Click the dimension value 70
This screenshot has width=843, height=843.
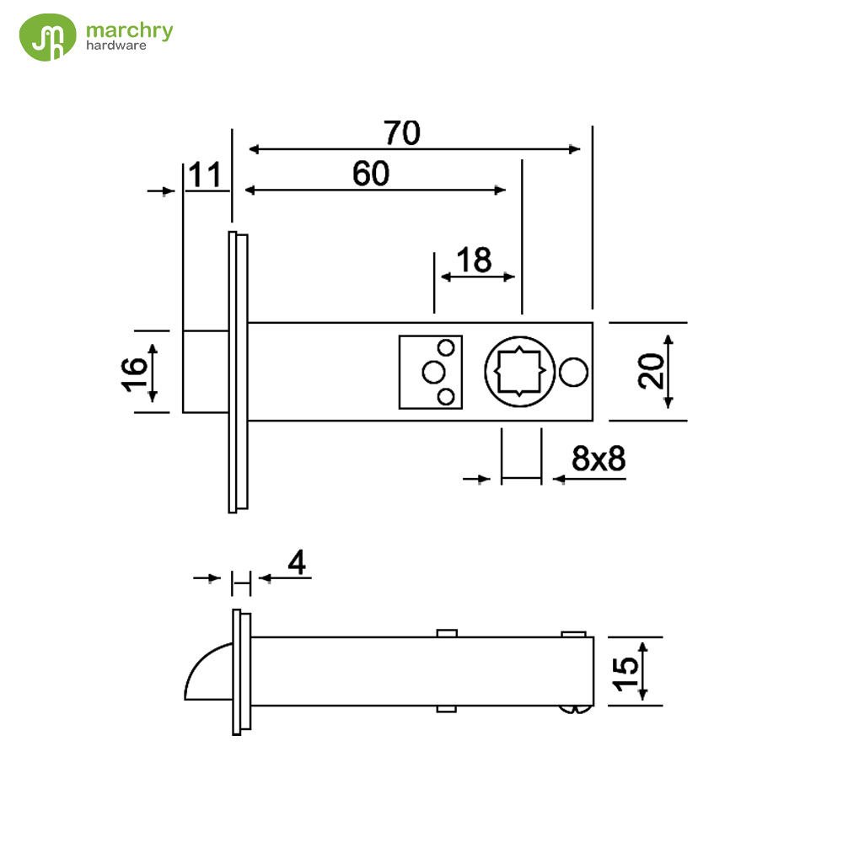coord(401,133)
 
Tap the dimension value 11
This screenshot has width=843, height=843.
coord(204,175)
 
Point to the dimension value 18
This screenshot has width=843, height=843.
coord(474,260)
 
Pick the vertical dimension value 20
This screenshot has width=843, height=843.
coord(651,371)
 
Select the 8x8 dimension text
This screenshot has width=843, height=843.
coord(598,459)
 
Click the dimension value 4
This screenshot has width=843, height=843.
coord(296,561)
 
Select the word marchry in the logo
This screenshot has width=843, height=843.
coord(129,31)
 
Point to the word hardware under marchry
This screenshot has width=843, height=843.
coord(116,46)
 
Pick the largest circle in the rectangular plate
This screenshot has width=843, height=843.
coord(433,372)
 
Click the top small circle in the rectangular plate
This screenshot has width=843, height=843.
coord(448,346)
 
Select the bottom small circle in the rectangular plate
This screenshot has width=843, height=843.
coord(448,395)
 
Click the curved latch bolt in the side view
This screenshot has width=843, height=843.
coord(207,672)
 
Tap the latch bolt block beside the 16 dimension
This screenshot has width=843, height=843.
coord(205,371)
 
